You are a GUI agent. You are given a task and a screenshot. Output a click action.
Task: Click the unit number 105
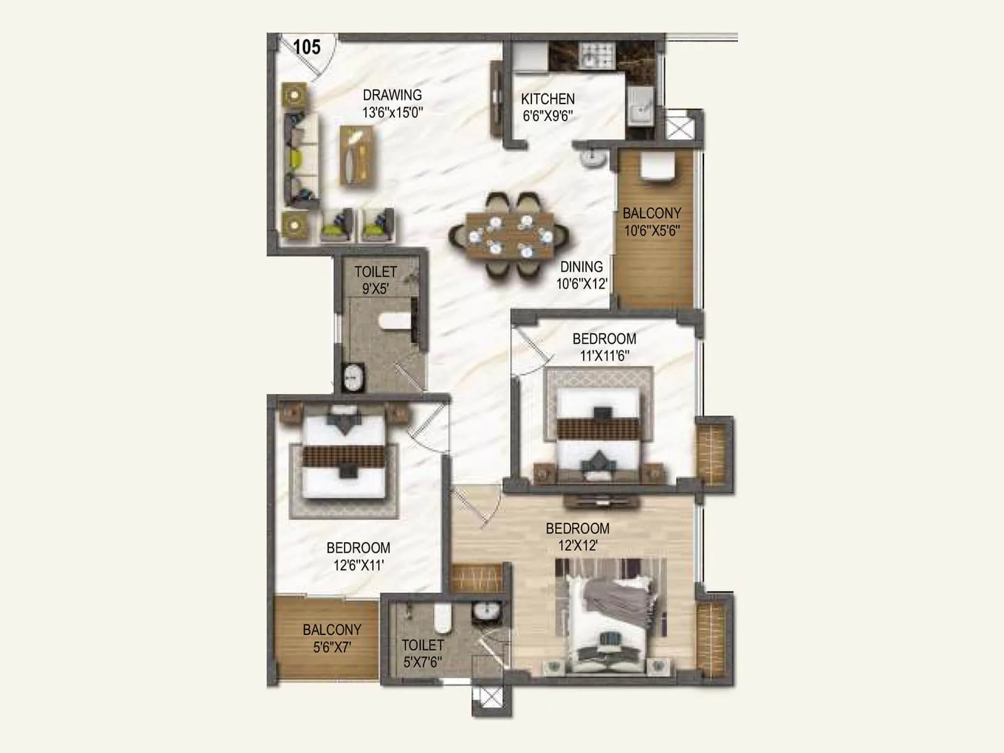point(307,47)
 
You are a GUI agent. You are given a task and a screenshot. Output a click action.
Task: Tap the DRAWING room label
point(392,95)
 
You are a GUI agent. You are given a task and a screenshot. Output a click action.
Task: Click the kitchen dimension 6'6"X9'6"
point(548,116)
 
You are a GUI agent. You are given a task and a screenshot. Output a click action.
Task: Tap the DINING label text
point(581,267)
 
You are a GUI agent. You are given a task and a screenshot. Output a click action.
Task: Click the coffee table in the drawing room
point(358,155)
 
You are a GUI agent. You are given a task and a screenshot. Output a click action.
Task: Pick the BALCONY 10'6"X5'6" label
point(651,222)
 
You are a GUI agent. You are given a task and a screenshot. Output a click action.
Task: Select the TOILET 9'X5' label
point(375,280)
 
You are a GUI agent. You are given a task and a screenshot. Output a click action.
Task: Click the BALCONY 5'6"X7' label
point(331,638)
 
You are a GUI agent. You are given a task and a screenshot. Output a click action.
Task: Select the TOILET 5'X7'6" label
point(422,653)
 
